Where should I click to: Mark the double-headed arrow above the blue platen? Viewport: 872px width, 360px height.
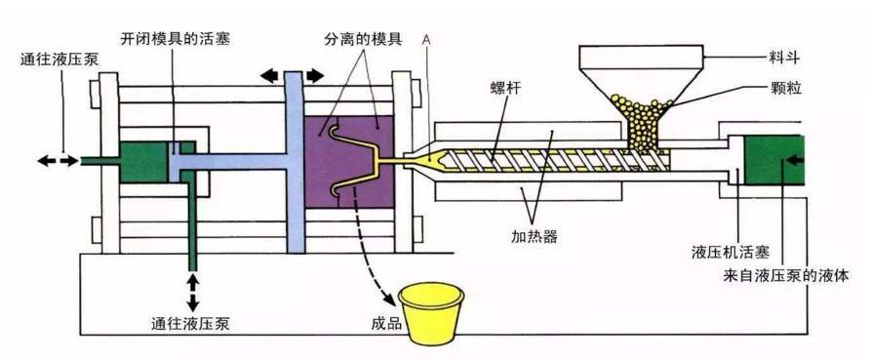(x=293, y=75)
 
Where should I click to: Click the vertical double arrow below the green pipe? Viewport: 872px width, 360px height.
(x=194, y=290)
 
